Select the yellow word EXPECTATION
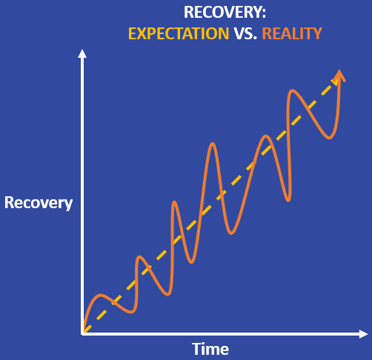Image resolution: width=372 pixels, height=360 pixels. [x=179, y=33]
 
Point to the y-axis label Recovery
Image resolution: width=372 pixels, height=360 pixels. [x=39, y=203]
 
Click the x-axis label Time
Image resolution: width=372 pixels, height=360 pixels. [x=210, y=349]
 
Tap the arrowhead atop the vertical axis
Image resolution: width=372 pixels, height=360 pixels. [x=82, y=53]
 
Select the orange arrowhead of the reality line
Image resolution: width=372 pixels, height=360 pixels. [x=339, y=75]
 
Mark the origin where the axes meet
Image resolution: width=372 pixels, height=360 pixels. [x=83, y=333]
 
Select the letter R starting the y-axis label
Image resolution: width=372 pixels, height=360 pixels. [x=9, y=203]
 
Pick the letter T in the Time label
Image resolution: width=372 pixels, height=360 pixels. [x=196, y=349]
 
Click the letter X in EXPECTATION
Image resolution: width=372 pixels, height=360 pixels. [x=142, y=33]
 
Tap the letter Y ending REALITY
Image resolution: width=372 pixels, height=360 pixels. [x=318, y=33]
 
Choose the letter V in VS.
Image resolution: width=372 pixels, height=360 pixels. [x=239, y=33]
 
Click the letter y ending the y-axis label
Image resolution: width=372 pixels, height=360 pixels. [x=68, y=205]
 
